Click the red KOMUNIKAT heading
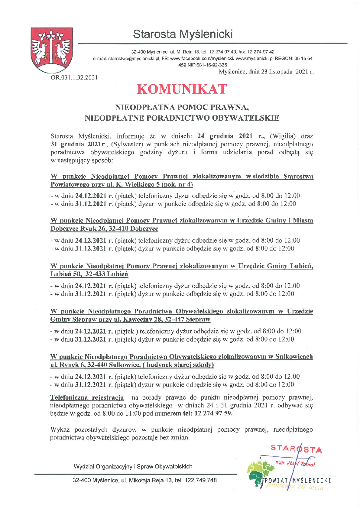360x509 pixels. point(182,89)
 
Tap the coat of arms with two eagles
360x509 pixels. point(51,50)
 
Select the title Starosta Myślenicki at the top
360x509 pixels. point(183,34)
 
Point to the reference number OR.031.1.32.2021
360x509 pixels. point(74,78)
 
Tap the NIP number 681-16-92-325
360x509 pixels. point(211,65)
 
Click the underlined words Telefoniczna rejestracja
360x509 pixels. point(87,397)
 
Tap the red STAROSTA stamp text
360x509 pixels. point(296,449)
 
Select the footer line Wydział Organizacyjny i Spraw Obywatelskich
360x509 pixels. point(133,466)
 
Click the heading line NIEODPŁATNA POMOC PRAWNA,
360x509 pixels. point(182,107)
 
